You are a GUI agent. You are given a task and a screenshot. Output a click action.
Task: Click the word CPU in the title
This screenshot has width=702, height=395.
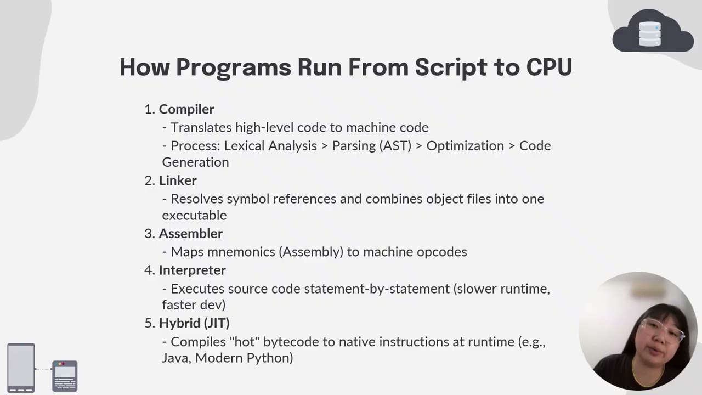[549, 67]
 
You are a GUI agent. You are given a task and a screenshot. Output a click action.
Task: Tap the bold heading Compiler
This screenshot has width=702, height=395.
[186, 109]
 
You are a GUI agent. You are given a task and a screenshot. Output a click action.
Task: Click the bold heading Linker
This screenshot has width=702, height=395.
[178, 180]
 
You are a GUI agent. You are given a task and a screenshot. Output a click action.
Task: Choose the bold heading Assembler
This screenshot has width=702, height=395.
[190, 234]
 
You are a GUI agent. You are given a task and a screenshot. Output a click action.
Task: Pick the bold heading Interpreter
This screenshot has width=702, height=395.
[192, 270]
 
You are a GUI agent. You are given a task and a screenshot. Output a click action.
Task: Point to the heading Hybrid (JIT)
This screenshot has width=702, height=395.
[194, 323]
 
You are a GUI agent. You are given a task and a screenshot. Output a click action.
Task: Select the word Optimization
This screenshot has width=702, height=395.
[465, 146]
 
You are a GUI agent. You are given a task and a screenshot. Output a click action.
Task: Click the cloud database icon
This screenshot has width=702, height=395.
[652, 33]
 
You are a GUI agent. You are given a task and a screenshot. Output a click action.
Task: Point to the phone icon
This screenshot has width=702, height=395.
[21, 368]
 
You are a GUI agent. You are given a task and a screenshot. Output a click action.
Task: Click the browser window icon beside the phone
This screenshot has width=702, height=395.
[65, 376]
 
